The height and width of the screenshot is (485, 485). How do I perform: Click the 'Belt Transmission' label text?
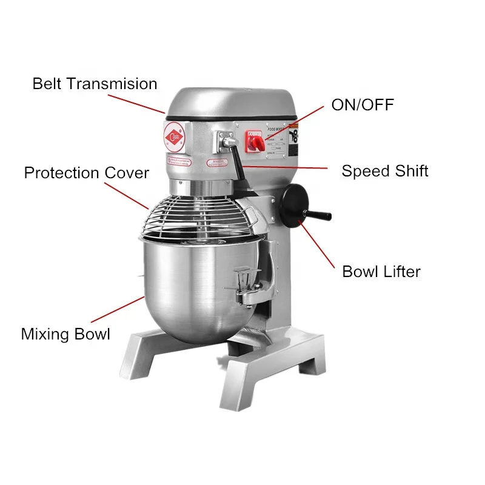point(95,84)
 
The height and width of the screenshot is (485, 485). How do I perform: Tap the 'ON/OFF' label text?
point(362,105)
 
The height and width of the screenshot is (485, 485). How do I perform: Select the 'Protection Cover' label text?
point(86,173)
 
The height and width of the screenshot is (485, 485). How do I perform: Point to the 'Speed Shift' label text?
point(384,171)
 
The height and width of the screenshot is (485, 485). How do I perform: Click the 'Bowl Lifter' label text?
point(381,272)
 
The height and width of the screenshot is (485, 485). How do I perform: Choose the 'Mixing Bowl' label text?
point(65,333)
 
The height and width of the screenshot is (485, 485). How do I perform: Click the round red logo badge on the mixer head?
point(175,135)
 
